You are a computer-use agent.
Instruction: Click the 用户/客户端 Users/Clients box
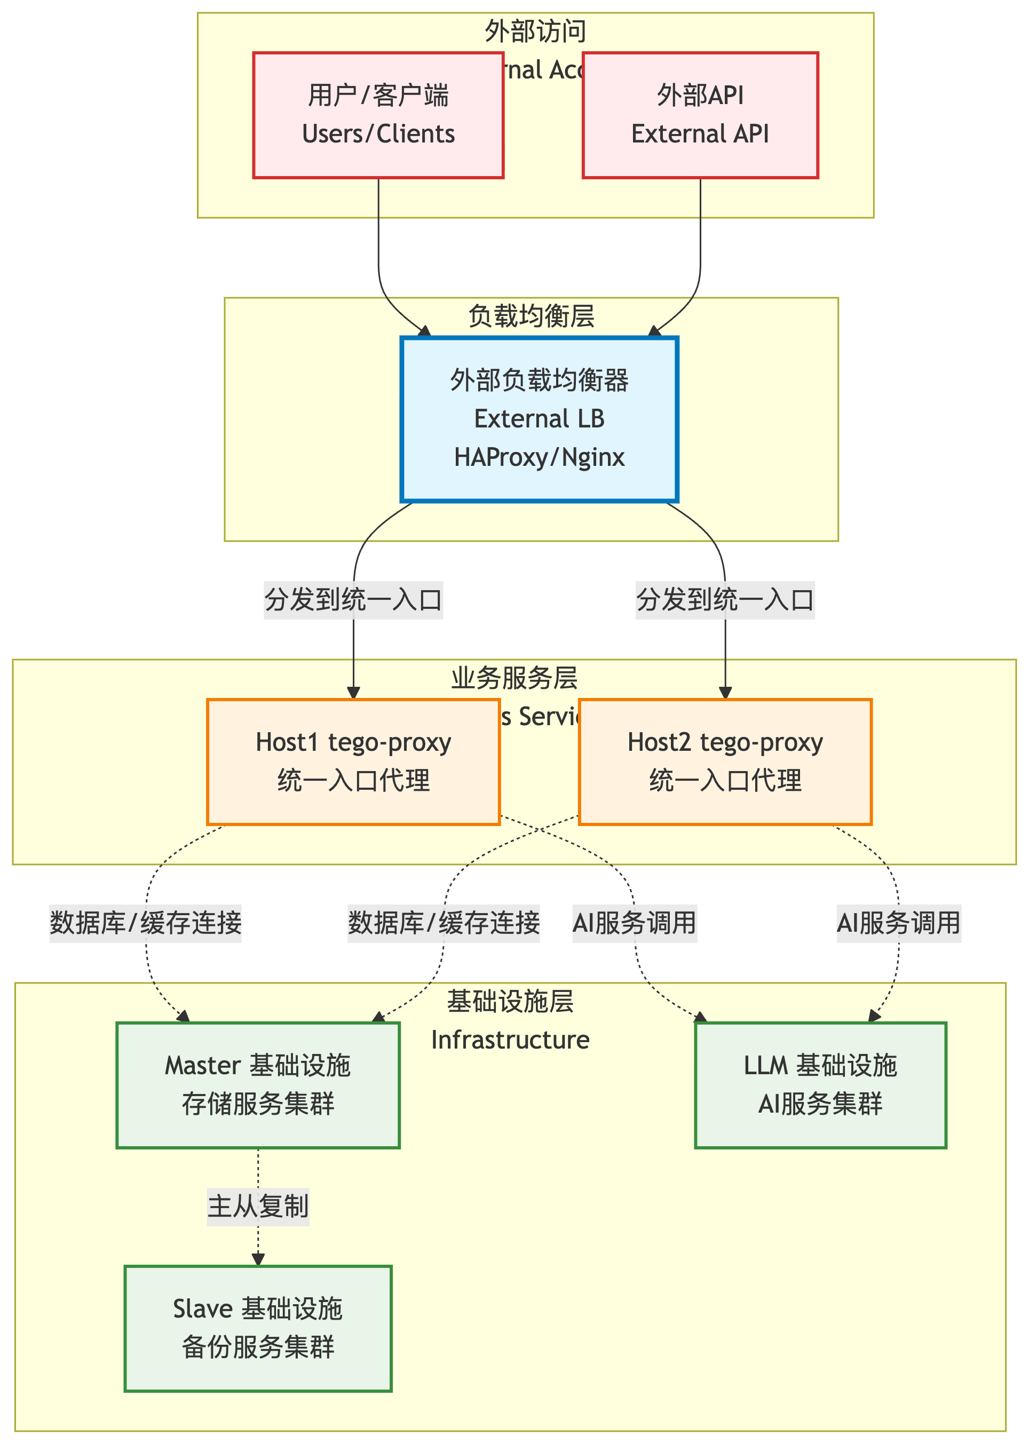(378, 115)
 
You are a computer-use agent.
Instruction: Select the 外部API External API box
(700, 115)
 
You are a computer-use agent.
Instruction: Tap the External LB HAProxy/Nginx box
(539, 419)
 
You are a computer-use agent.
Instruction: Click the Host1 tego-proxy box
(353, 762)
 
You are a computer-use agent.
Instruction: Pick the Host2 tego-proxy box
(725, 762)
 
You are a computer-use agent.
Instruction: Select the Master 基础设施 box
(258, 1085)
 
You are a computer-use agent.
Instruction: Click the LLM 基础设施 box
(820, 1085)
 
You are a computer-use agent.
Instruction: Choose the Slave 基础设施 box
(258, 1328)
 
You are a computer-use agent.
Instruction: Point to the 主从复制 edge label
(258, 1207)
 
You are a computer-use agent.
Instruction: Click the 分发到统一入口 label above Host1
(353, 600)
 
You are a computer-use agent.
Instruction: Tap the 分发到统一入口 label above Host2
(725, 600)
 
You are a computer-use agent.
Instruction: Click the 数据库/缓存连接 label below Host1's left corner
(146, 923)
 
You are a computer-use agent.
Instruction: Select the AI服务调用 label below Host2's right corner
(898, 923)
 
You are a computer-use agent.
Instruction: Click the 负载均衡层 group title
(531, 316)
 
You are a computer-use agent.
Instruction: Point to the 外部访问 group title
(535, 31)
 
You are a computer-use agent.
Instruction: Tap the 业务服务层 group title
(514, 678)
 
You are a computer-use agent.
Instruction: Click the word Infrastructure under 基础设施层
(510, 1040)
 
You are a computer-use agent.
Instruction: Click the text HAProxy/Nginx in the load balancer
(539, 457)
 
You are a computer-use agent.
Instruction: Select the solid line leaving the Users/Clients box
(379, 241)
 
